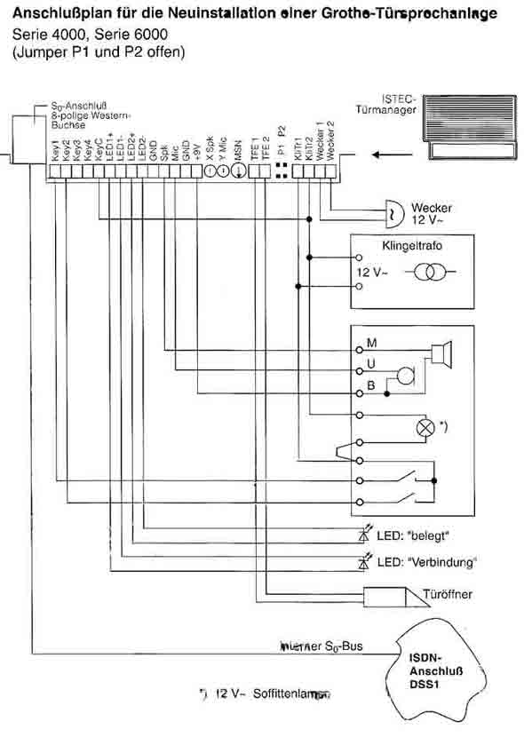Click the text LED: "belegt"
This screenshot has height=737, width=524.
click(417, 538)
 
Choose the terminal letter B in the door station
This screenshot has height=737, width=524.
click(370, 385)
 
